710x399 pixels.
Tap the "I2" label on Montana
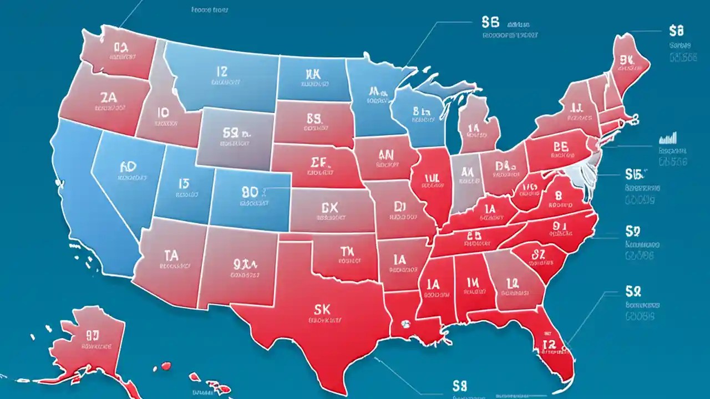221,71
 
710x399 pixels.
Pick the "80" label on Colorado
251,192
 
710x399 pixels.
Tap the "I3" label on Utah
184,184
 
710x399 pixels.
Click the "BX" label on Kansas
329,207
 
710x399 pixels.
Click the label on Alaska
93,335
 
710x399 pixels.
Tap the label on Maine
627,60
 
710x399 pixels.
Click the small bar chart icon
668,137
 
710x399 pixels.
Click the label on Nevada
128,166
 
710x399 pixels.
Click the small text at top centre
210,9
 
